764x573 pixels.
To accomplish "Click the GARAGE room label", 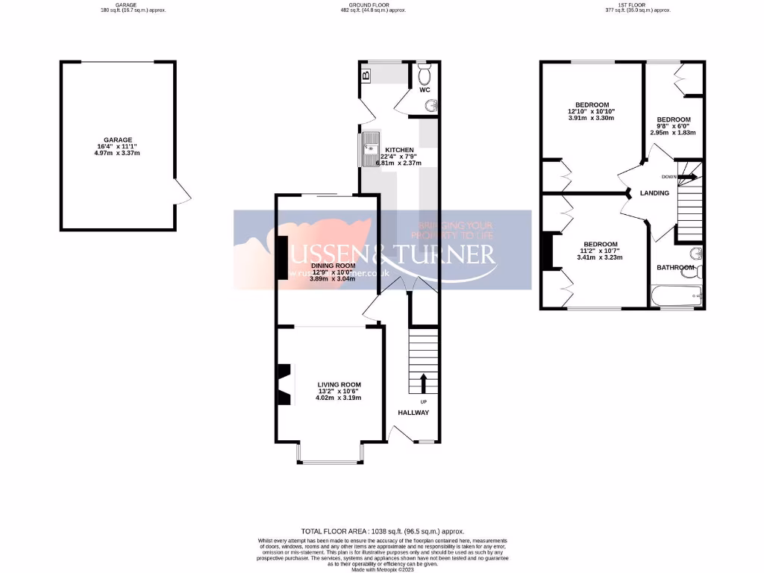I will tap(118, 140).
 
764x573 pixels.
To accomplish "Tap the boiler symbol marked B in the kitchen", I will tap(366, 75).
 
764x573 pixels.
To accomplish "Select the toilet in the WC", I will tap(425, 75).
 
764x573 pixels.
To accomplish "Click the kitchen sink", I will tap(369, 149).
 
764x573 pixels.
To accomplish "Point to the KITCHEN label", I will tap(399, 150).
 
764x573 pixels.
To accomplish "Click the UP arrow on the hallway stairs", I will tap(424, 383).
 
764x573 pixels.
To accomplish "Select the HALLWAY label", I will tap(413, 413).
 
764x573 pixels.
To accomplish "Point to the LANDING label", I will tap(655, 194).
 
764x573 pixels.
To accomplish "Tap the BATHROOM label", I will tap(675, 267).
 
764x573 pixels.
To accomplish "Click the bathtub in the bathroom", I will tap(676, 297).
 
